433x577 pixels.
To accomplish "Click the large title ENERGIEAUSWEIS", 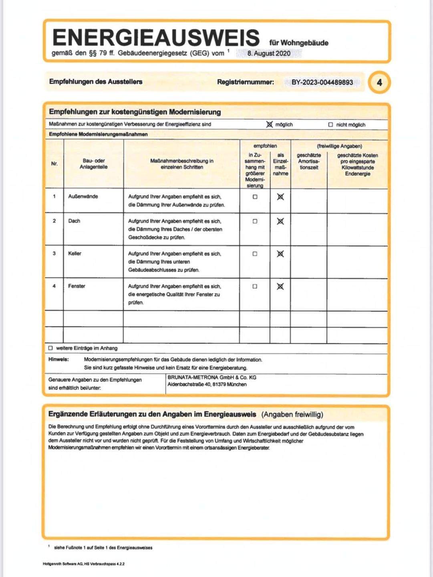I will tap(156, 37).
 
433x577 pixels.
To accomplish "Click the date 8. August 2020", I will tap(269, 53).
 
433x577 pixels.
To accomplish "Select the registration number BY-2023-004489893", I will tap(322, 82).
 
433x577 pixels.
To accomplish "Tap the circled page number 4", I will tap(379, 83).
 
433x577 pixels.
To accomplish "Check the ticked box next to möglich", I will tap(270, 125).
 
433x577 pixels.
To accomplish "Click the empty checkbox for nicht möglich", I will tap(330, 125).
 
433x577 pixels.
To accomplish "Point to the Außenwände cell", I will tap(83, 196).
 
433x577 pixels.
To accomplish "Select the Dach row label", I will tap(74, 221).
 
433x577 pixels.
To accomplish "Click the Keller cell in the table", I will tap(75, 253).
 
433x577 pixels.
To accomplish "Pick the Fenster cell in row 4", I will tap(77, 286).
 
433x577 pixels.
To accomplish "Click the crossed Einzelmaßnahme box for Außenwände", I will tap(280, 197).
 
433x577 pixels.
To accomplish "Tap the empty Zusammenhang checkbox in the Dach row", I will tap(255, 221).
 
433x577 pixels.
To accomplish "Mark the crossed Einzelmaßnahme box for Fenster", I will tap(280, 286).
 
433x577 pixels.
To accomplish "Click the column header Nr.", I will tap(54, 164).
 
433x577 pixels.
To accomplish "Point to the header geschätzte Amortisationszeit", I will tap(309, 161).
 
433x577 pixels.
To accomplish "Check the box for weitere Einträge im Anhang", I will tap(50, 348).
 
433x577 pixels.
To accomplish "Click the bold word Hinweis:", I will tap(58, 359).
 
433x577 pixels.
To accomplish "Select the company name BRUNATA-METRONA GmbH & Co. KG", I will tap(212, 377).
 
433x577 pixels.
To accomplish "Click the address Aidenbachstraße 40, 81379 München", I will tap(207, 385).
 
